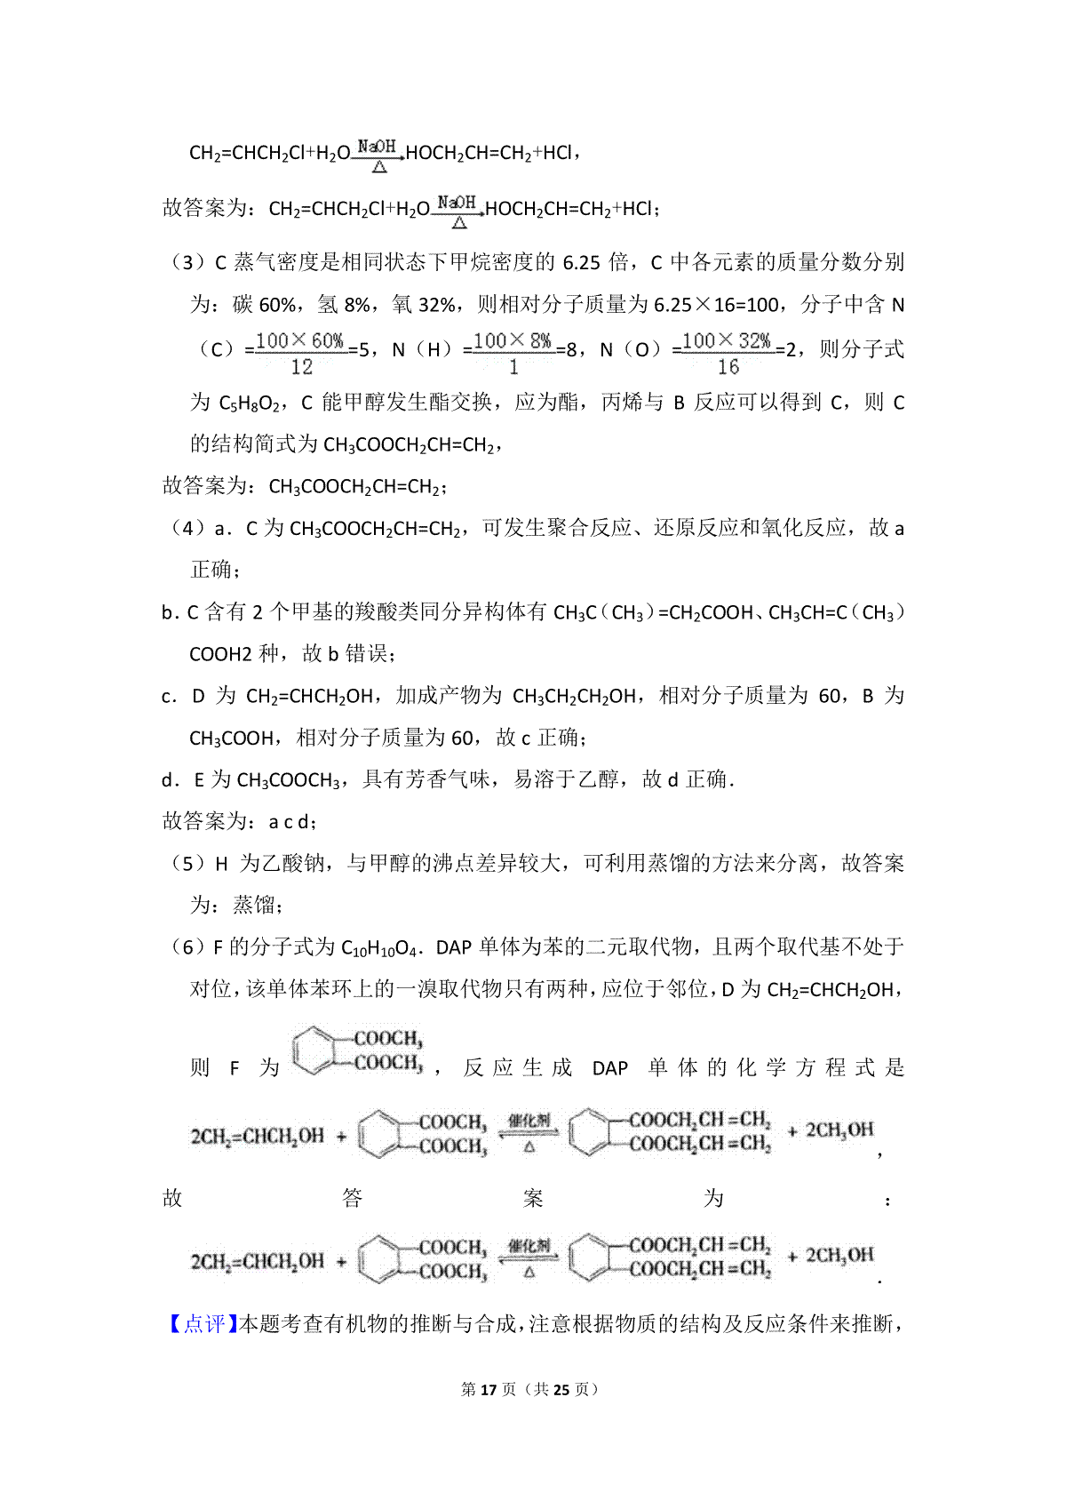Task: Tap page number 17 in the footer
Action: [x=487, y=1389]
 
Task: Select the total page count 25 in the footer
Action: [x=561, y=1389]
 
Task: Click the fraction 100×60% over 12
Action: [x=301, y=353]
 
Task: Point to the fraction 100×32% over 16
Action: [x=727, y=353]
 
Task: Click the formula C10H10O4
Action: [x=378, y=948]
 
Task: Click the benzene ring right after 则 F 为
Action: [x=314, y=1050]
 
